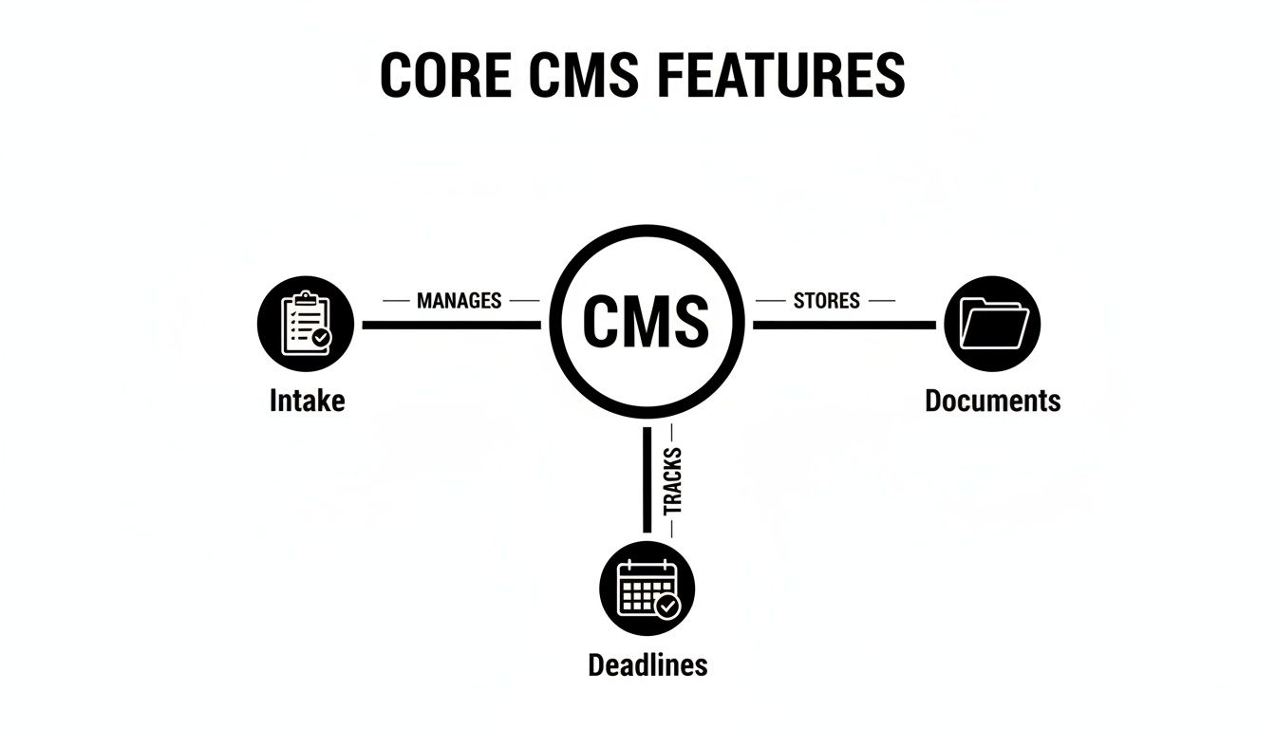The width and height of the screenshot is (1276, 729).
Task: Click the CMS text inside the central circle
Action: coord(646,322)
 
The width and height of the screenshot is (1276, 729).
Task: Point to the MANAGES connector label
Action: coord(459,301)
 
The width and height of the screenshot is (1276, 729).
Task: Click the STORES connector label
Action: coord(826,301)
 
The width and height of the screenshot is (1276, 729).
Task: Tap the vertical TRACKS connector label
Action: coord(673,482)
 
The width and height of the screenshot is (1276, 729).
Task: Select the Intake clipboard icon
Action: coord(305,324)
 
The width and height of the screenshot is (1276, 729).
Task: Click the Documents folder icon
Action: coord(993,324)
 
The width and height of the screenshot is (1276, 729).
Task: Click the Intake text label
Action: coord(307,401)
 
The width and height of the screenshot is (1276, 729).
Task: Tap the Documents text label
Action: coord(992,401)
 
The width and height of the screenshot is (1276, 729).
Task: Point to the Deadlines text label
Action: coord(647,664)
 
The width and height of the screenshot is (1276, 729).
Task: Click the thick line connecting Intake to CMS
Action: coord(451,325)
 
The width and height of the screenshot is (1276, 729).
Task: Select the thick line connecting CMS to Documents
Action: coord(844,325)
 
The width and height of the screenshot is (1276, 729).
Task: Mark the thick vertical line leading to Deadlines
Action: coord(647,479)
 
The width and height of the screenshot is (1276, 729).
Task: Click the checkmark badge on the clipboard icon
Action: coord(322,337)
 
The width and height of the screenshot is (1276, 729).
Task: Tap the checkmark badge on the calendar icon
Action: coord(668,606)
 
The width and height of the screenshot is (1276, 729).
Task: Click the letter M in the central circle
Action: coord(646,322)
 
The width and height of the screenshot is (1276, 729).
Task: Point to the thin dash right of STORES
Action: coord(881,301)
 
